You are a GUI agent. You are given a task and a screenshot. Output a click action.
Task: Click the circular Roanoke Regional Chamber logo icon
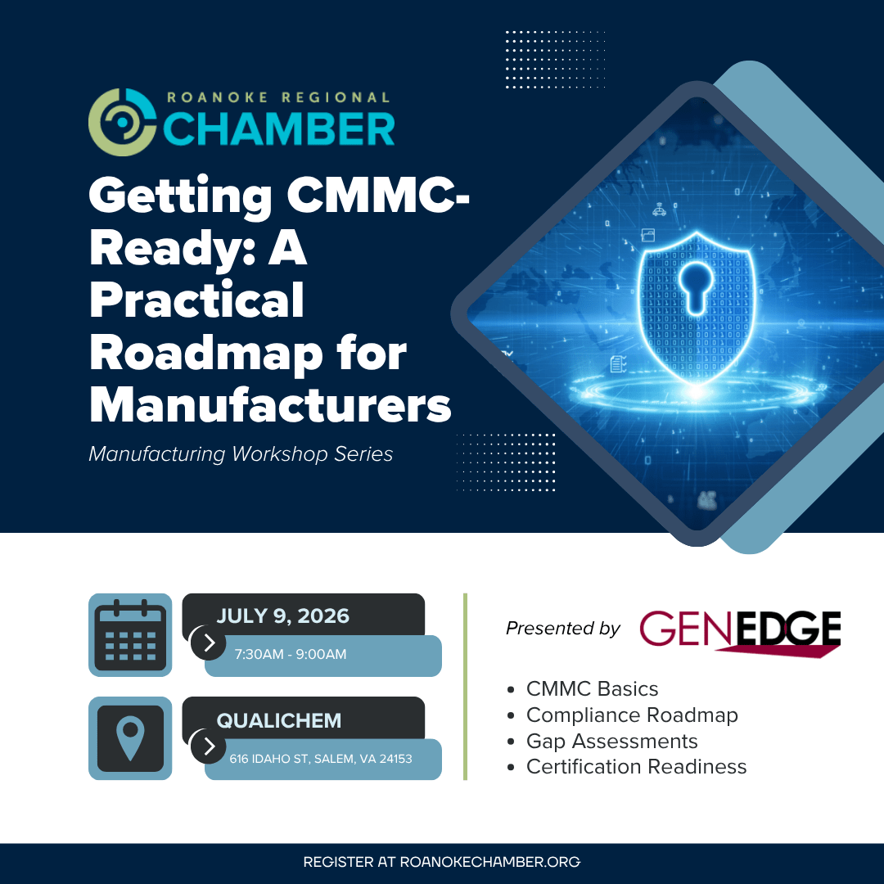coord(122,122)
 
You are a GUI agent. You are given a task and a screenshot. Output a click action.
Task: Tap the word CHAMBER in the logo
coord(279,129)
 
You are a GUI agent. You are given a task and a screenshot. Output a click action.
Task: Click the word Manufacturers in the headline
coord(270,404)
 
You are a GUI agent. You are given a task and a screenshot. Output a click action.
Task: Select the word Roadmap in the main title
coord(205,354)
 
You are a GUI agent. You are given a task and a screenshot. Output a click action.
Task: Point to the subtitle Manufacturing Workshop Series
coord(241,453)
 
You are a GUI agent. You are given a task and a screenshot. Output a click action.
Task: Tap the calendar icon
coord(130,635)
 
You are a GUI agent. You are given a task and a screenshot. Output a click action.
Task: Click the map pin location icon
coord(130,738)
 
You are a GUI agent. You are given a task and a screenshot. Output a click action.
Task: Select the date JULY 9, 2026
coord(283,616)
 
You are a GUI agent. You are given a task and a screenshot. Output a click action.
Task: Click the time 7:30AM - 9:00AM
coord(291,654)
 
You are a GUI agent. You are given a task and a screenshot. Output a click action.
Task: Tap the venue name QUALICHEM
coord(279,720)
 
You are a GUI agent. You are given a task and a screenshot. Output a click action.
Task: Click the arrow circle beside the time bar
coord(209,643)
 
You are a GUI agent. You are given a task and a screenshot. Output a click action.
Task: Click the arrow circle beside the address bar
coord(209,746)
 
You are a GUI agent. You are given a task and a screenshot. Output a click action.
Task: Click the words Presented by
coord(562,628)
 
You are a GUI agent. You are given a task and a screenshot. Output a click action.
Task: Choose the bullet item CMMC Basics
coord(592,689)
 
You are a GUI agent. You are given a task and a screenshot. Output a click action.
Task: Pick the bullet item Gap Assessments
coord(611,741)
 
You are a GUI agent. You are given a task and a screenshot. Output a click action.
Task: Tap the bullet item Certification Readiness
coord(637,767)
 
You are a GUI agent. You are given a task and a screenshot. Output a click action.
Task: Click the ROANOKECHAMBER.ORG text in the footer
coord(490,862)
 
